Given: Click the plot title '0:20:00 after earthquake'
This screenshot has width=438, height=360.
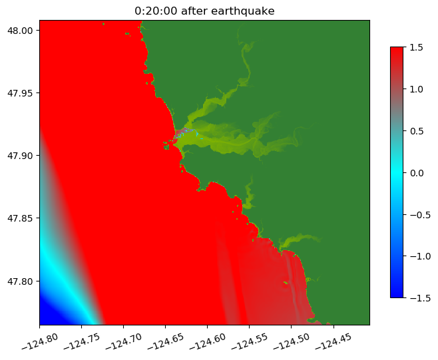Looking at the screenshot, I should point(204,11).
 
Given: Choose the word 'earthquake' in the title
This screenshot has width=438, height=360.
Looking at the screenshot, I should point(244,11).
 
